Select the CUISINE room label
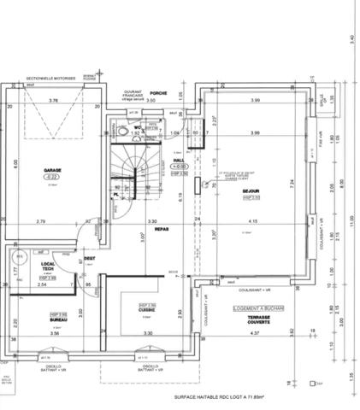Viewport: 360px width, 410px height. point(147,310)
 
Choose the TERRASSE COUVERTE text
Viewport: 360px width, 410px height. point(253,319)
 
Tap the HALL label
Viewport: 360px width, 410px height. point(179,159)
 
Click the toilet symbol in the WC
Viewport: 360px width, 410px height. point(125,133)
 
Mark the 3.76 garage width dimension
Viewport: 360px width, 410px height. point(53,101)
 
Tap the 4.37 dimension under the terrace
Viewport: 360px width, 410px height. point(253,333)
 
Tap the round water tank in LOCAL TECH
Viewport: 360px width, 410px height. point(17,256)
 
